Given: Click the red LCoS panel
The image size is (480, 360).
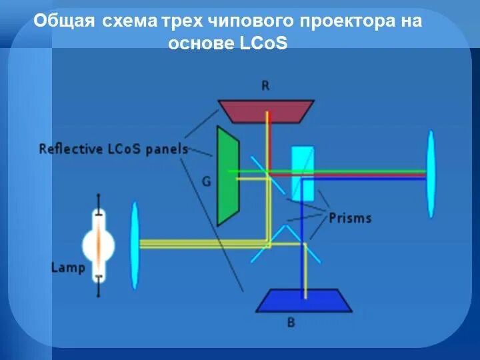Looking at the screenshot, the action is pos(267,111).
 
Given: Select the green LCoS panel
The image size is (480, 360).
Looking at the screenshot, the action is pos(227,177).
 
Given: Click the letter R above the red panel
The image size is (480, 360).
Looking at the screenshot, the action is pos(266,85).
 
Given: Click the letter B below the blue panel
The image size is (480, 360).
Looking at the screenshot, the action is pos(291,323).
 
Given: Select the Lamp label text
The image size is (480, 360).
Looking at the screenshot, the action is pos(68,268).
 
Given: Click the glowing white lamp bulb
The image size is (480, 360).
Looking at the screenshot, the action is pos(99,245).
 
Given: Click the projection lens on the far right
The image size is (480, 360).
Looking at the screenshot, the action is pos(431,173).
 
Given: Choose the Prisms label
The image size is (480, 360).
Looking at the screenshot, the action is pos(349,218).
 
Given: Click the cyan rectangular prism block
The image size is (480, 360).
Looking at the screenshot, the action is pos(303,173).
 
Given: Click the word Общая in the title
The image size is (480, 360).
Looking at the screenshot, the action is pos(65,21).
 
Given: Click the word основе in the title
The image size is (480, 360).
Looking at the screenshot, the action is pos(199,43).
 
